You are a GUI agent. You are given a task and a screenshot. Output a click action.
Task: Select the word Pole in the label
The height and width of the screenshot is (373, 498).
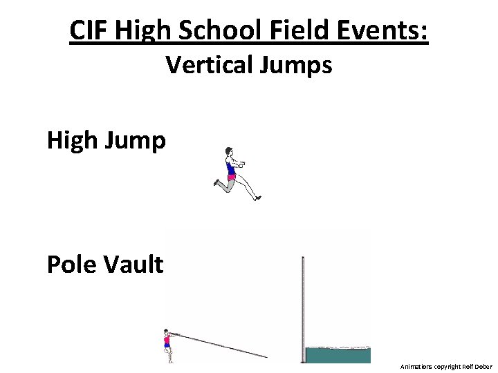pyautogui.click(x=70, y=264)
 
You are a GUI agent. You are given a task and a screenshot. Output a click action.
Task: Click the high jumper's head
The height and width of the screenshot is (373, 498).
pyautogui.click(x=228, y=152)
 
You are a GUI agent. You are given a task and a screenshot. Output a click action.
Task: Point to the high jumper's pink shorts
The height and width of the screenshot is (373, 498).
pyautogui.click(x=231, y=177)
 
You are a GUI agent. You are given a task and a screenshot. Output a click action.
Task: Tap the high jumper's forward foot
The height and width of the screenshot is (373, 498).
pyautogui.click(x=257, y=198)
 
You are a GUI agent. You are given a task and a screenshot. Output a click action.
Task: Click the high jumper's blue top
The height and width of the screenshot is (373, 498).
pyautogui.click(x=230, y=166)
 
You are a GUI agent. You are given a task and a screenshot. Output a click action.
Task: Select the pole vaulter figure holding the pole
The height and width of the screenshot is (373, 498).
pyautogui.click(x=167, y=345)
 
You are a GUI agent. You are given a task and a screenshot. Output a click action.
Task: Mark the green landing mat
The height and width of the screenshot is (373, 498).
pyautogui.click(x=338, y=355)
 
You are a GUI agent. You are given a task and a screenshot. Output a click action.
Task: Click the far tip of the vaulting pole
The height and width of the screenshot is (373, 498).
pyautogui.click(x=266, y=356)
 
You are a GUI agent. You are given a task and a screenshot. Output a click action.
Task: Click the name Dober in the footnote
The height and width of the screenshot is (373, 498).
pyautogui.click(x=483, y=366)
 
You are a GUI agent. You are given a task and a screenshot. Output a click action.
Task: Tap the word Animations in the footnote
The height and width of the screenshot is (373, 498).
pyautogui.click(x=416, y=366)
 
